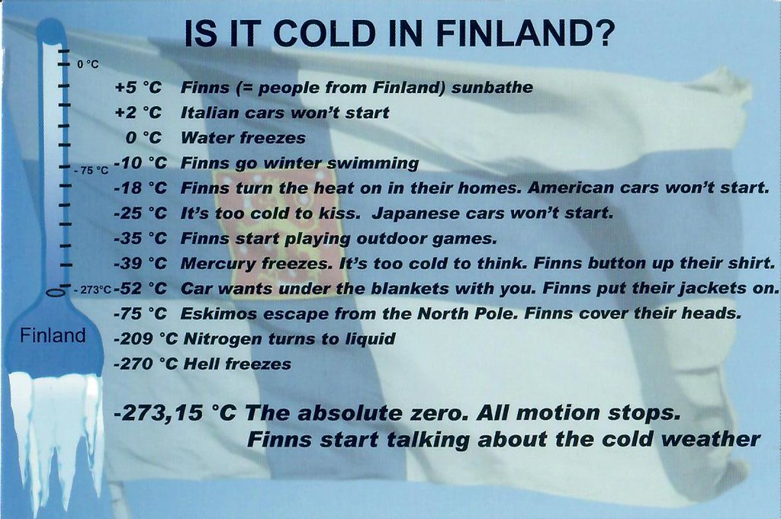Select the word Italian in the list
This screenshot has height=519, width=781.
(x=209, y=113)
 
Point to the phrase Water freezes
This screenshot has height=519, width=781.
(x=243, y=138)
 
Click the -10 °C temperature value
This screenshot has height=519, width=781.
(x=140, y=162)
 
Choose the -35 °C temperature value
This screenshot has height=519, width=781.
(x=140, y=238)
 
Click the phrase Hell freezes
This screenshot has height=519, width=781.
(x=236, y=364)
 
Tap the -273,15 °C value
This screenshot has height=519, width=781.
(x=174, y=413)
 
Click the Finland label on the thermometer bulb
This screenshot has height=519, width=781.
(x=53, y=336)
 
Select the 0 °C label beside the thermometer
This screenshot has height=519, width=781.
(x=88, y=64)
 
